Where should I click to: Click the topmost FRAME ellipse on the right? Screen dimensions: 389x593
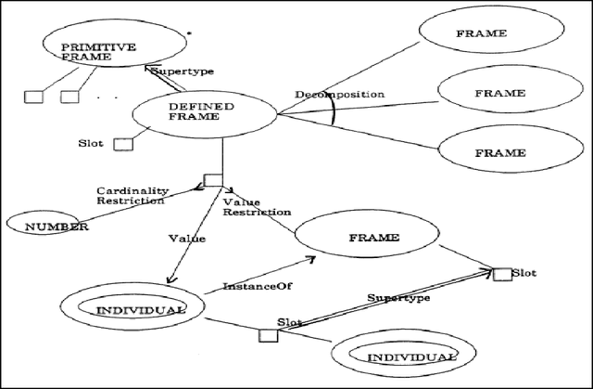[482, 34]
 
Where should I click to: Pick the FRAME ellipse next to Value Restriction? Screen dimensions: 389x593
[374, 238]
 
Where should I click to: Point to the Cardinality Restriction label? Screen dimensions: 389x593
[130, 196]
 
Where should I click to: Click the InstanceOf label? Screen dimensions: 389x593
[252, 287]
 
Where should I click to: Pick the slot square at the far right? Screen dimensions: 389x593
[502, 273]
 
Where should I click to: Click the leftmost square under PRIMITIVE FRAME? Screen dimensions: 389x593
[33, 96]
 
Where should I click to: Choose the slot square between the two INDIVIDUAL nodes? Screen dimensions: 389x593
[268, 332]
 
